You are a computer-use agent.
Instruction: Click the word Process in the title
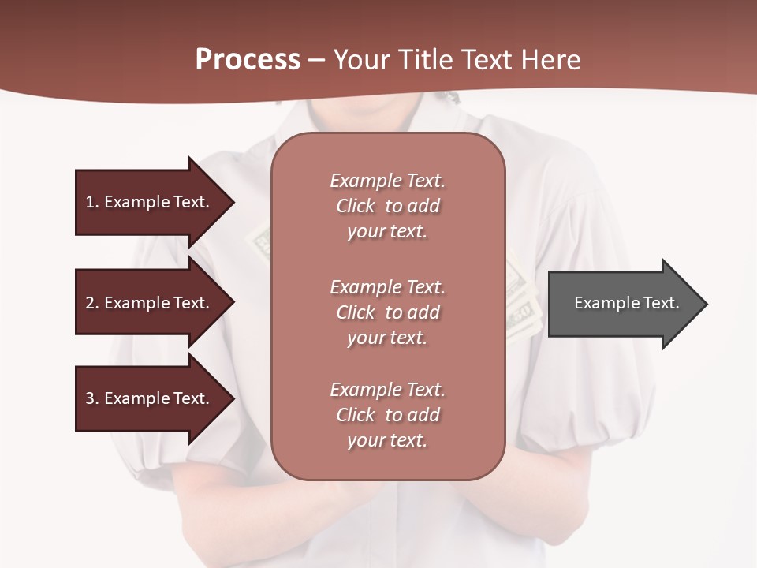pyautogui.click(x=248, y=60)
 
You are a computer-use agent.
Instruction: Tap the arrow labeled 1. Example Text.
pyautogui.click(x=150, y=202)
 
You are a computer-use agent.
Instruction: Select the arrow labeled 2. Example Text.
pyautogui.click(x=150, y=303)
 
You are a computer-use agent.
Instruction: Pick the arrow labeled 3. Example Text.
pyautogui.click(x=150, y=398)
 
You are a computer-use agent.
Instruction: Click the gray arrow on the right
pyautogui.click(x=623, y=304)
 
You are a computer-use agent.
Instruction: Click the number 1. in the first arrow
pyautogui.click(x=92, y=202)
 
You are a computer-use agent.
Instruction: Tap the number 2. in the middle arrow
pyautogui.click(x=92, y=303)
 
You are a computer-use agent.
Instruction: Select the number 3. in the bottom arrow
pyautogui.click(x=92, y=398)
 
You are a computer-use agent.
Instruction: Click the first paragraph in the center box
pyautogui.click(x=387, y=206)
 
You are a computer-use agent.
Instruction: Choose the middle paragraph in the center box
pyautogui.click(x=387, y=312)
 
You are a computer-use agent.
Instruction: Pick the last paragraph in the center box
pyautogui.click(x=387, y=415)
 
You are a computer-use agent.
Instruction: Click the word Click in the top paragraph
pyautogui.click(x=356, y=206)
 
